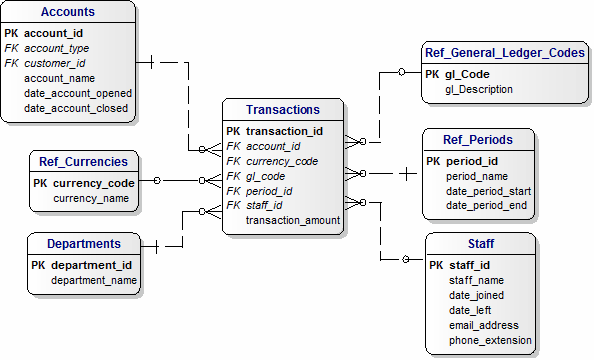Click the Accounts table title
point(69,12)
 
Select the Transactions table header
point(283,110)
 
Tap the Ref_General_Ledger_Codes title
point(504,53)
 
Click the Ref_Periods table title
point(478,140)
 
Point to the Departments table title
point(84,243)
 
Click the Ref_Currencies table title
point(83,161)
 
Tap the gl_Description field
point(479,89)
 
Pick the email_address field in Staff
point(484,325)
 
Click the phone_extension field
point(491,340)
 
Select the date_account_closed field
point(78,108)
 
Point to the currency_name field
point(91,199)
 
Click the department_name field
point(94,281)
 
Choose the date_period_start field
point(488,191)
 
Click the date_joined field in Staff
point(476,295)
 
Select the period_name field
point(476,176)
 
